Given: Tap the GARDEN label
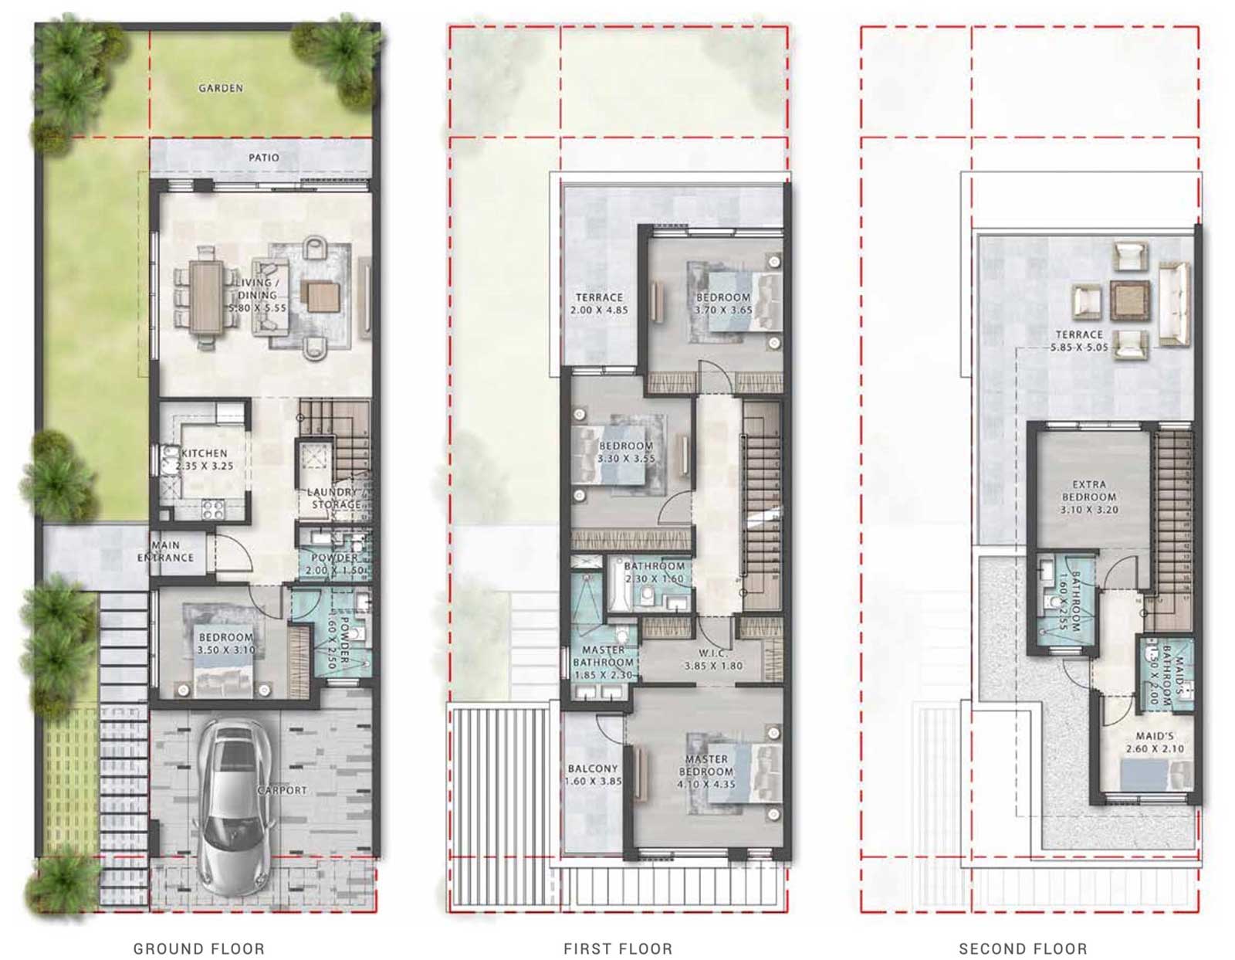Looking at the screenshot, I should coord(221,88).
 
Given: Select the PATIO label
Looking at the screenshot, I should coord(264,158).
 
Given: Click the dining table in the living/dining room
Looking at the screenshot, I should coord(205,297).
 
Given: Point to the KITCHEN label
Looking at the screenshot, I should coord(205,453).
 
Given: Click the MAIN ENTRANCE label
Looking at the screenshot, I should coord(166,551).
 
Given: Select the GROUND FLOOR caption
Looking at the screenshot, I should coord(199,948).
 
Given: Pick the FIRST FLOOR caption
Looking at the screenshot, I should coord(617,948).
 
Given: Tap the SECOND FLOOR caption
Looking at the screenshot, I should coord(1023,948).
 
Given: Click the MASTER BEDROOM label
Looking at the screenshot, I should coord(706,765).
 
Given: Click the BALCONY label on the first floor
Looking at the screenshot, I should coord(593,768).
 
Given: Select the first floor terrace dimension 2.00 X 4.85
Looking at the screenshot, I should coord(599,310).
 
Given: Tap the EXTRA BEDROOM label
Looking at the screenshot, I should coord(1089,491).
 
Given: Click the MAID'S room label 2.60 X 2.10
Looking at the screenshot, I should coord(1155,749).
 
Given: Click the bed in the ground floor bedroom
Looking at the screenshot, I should coord(224,672).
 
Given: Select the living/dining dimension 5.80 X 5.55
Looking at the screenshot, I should coord(257,307).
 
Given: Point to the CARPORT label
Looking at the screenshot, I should coord(283,790).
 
